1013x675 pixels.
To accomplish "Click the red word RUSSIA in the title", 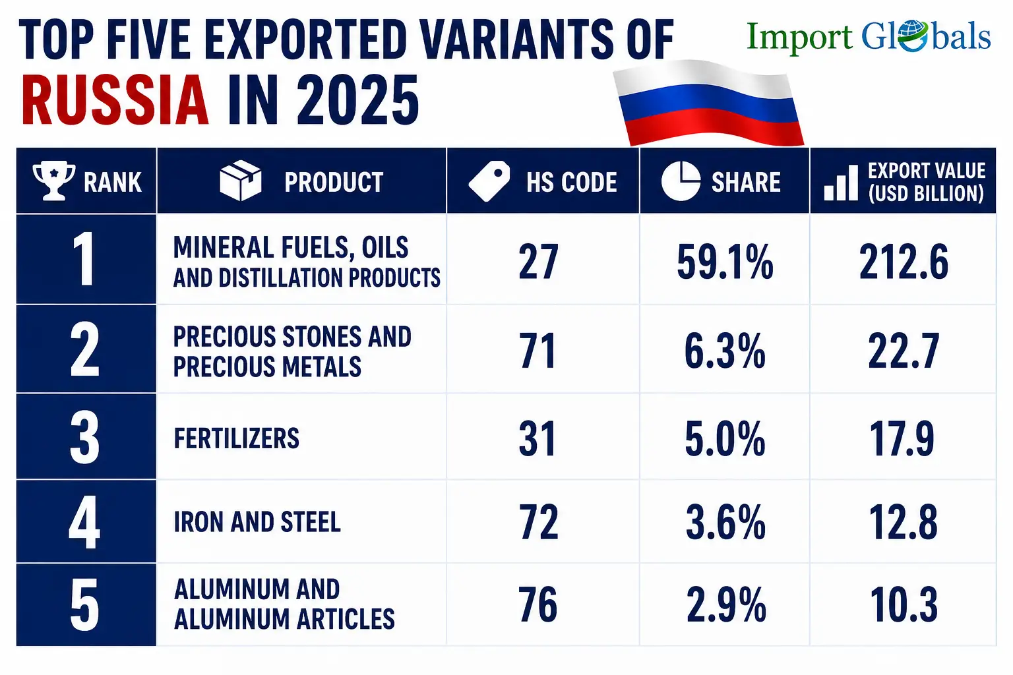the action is tap(115, 100).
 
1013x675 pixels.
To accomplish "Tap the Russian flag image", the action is tap(709, 103).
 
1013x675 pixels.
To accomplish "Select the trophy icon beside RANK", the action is tap(54, 181).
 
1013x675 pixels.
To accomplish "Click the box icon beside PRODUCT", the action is tap(241, 181).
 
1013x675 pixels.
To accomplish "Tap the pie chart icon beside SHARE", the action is tap(681, 181).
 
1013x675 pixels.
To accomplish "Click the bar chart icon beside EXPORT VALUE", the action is tap(841, 183).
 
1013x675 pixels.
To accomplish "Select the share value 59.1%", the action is tap(725, 262).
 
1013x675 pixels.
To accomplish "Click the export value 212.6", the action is tap(904, 262).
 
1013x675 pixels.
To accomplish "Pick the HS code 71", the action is tap(537, 351).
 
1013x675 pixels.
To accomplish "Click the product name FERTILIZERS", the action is tap(237, 438).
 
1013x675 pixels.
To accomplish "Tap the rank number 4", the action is tap(84, 521).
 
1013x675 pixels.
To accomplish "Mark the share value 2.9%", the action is tap(726, 604).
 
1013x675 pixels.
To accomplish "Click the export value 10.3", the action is tap(904, 604).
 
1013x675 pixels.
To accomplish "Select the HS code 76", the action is tap(537, 604).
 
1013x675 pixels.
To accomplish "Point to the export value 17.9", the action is tap(902, 438).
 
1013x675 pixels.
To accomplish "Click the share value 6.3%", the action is tap(725, 351).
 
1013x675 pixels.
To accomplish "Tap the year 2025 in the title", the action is tap(357, 100).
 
